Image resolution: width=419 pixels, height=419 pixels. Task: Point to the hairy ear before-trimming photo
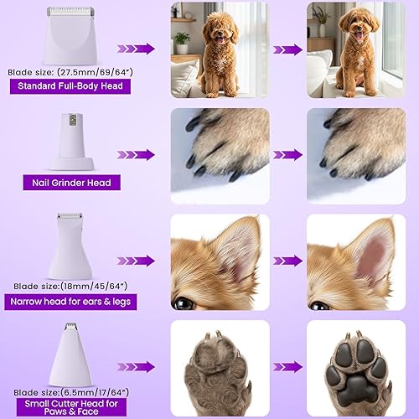tap(220, 261)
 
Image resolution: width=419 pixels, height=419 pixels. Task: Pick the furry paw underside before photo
tap(220, 367)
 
